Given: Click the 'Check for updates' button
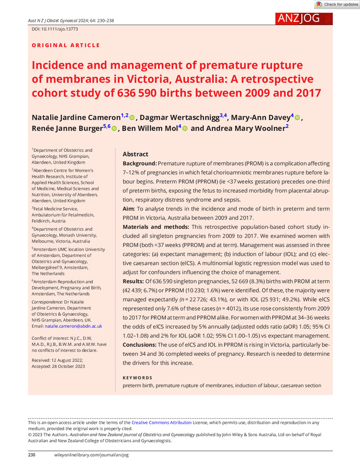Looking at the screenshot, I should click(x=337, y=4).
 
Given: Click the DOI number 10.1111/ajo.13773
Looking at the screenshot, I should click(x=50, y=29).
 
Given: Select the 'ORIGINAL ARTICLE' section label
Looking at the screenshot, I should click(x=66, y=45).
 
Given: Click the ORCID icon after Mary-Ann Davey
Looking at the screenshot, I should click(x=297, y=117).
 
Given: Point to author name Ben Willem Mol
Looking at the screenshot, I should click(x=147, y=129).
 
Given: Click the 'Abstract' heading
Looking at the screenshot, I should click(x=135, y=154).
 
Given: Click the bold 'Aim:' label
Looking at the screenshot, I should click(x=129, y=209).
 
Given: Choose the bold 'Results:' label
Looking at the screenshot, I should click(x=136, y=282).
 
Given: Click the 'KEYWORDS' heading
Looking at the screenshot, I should click(x=137, y=378).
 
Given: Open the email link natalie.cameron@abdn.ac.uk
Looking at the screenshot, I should click(x=71, y=326).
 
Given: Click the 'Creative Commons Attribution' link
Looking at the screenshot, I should click(x=161, y=422).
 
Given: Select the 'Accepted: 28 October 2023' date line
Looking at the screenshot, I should click(x=59, y=367).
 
